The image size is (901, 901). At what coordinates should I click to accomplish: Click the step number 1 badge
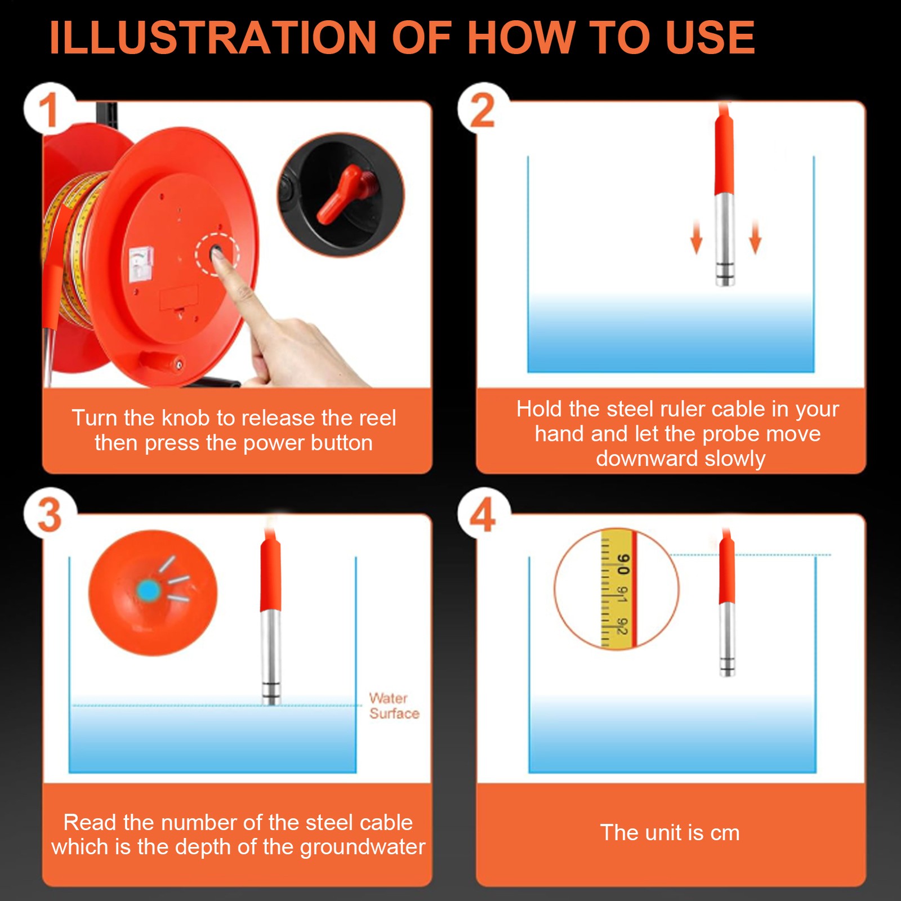[50, 109]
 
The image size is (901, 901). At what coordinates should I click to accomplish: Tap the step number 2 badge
[483, 109]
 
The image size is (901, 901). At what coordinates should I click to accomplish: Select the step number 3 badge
[50, 514]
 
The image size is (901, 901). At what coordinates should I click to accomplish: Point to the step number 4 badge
[483, 514]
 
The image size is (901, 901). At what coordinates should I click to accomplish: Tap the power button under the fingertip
[217, 254]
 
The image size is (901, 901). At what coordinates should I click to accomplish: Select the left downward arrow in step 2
[697, 237]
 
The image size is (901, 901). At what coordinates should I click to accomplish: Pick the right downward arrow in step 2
[755, 237]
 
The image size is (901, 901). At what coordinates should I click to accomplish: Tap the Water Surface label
[394, 706]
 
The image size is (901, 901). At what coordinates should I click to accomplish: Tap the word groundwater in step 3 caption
[362, 848]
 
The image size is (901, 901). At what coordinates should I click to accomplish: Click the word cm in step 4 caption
[725, 833]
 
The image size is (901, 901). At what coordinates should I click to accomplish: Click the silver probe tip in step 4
[727, 667]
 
